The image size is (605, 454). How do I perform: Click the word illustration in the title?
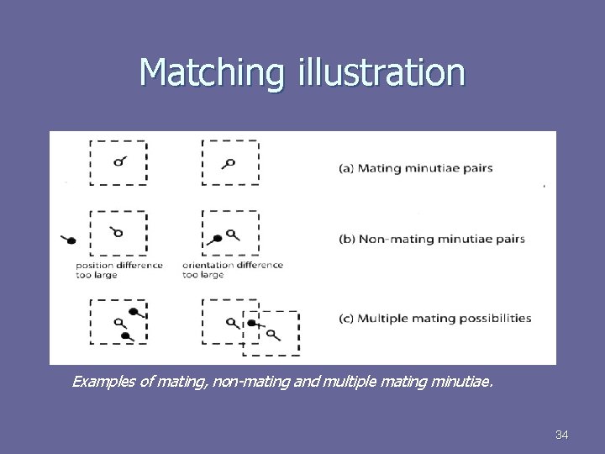(x=379, y=73)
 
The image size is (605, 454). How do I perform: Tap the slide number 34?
(x=562, y=435)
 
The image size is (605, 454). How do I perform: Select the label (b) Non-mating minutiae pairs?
(x=431, y=239)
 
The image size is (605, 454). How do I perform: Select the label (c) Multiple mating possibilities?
(x=434, y=319)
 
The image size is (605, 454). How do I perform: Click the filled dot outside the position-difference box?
(x=72, y=240)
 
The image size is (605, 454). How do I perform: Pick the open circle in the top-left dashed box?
(x=118, y=162)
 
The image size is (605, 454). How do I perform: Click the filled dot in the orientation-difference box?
(x=218, y=239)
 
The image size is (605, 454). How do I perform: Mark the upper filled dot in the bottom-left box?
(x=133, y=312)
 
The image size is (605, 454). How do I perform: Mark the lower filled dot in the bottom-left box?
(x=125, y=335)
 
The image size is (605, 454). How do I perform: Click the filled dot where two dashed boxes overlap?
(x=251, y=322)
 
